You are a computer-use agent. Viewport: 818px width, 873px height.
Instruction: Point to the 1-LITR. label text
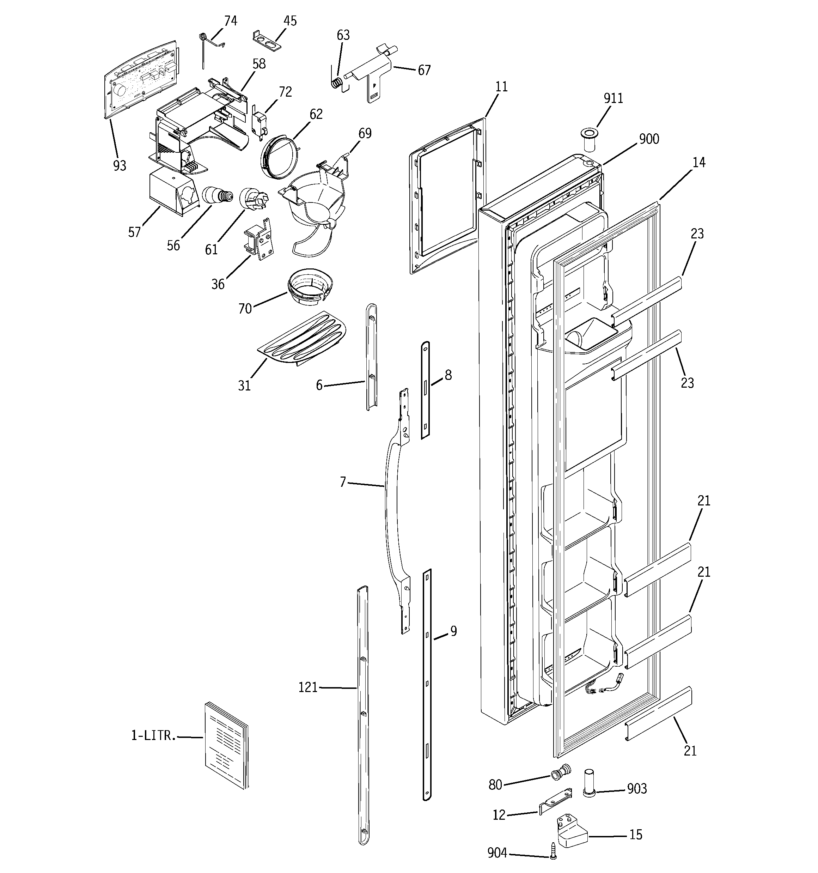tap(153, 735)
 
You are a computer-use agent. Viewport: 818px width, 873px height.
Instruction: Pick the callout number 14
tap(698, 163)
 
